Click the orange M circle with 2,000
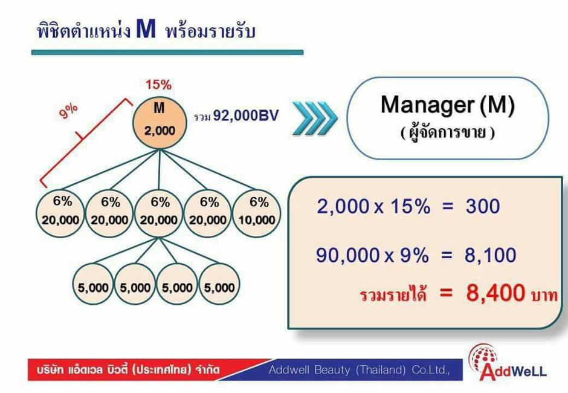click(x=160, y=123)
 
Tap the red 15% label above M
click(x=158, y=85)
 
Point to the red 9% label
click(x=68, y=110)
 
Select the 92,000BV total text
click(x=246, y=115)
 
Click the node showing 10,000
click(x=256, y=213)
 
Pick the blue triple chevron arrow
click(x=315, y=118)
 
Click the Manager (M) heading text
click(x=448, y=105)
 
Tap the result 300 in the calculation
click(x=483, y=206)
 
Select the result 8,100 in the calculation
click(x=491, y=255)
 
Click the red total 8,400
click(x=495, y=293)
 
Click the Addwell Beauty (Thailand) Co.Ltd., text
click(x=359, y=370)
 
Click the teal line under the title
click(x=167, y=53)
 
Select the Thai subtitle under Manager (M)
click(x=447, y=132)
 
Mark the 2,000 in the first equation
click(x=343, y=206)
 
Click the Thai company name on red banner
click(x=128, y=370)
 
